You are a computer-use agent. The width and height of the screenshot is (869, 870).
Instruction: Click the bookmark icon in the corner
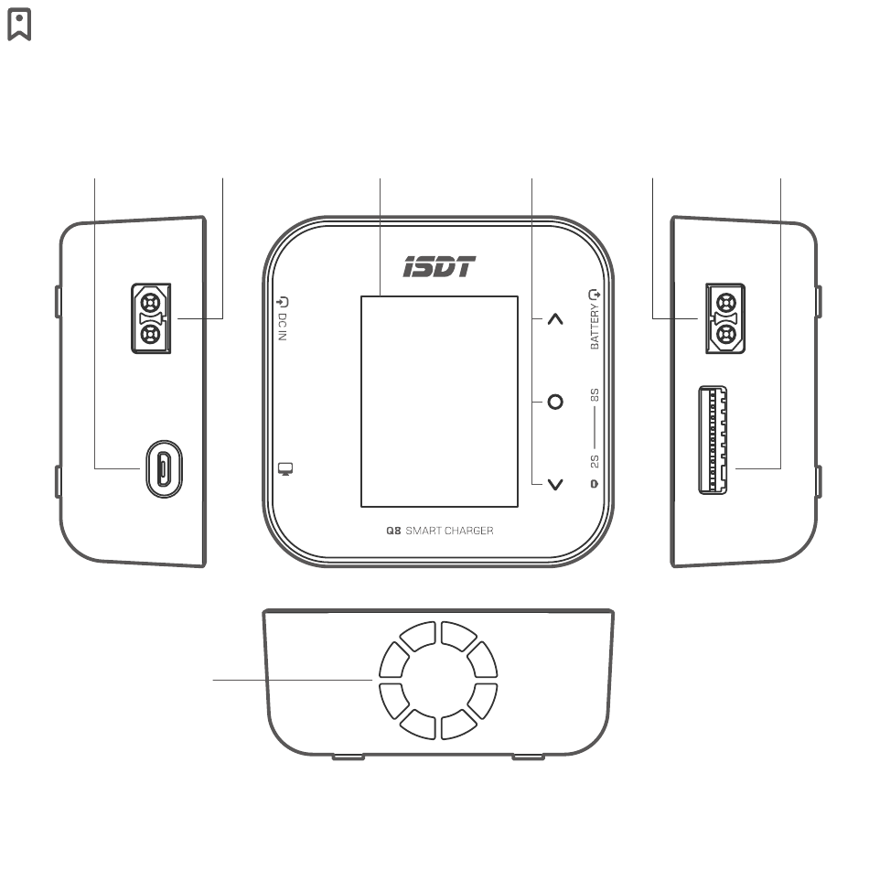pos(19,25)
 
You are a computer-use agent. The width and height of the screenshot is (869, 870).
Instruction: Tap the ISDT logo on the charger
pos(440,267)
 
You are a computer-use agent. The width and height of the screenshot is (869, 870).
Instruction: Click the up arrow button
pos(555,319)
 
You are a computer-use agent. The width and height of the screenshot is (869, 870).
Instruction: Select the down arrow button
pos(555,484)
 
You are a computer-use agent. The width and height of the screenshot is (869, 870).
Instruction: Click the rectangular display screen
pos(439,401)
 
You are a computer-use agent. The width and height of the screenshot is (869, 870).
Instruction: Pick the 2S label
pos(595,460)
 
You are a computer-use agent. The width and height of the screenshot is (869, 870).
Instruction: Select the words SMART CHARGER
pos(449,531)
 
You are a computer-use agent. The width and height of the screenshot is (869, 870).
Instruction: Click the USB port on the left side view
pos(163,469)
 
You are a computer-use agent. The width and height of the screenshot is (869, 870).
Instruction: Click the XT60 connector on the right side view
pos(725,318)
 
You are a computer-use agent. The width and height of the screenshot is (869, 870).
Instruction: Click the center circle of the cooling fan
pos(434,681)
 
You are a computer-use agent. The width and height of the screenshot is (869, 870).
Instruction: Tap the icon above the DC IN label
pos(283,300)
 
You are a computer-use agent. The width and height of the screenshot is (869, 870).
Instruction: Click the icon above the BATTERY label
pos(596,295)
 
